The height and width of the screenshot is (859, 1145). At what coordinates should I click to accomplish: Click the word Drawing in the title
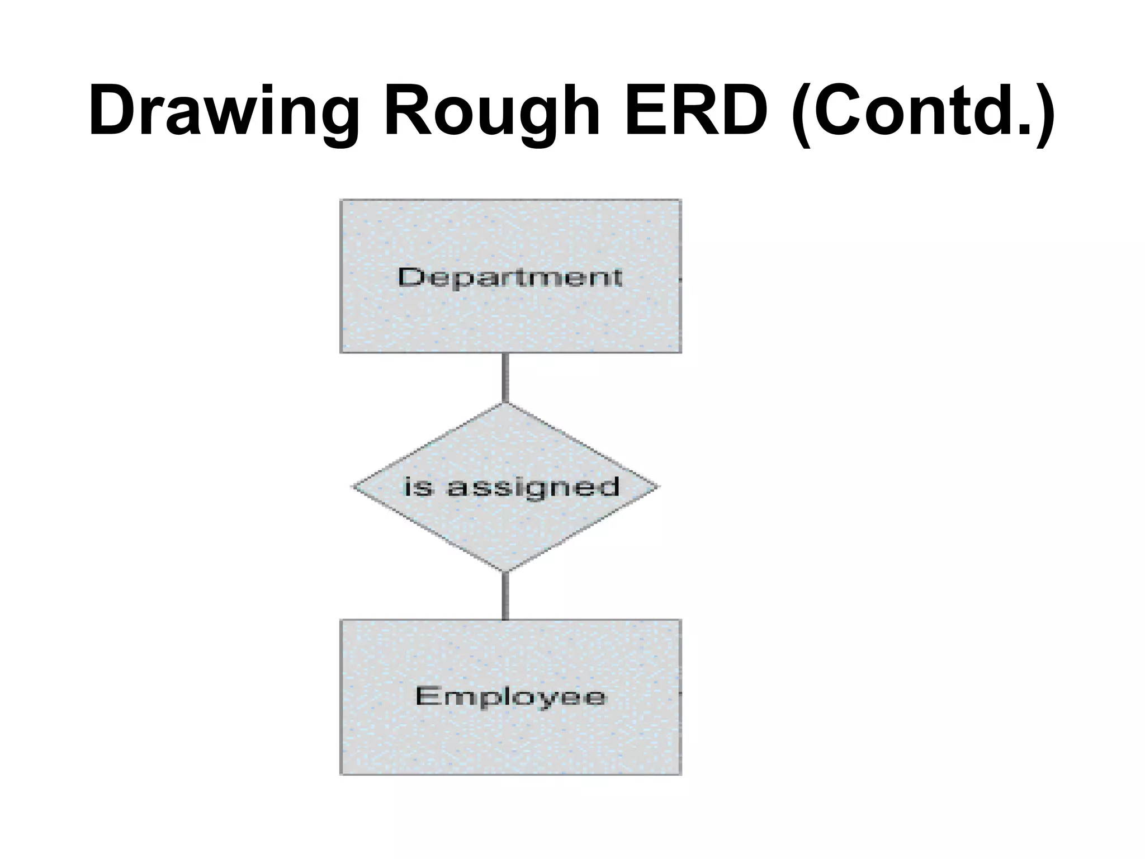click(224, 112)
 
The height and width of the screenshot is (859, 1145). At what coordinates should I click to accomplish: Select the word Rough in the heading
click(492, 112)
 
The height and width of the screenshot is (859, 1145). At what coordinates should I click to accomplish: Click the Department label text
click(510, 277)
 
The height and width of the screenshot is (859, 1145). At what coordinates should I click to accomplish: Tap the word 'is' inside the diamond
click(418, 487)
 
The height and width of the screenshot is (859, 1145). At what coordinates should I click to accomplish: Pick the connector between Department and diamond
click(505, 377)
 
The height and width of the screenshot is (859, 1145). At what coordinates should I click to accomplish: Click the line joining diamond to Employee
click(505, 596)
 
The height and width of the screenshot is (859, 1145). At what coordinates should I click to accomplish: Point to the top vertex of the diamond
click(505, 403)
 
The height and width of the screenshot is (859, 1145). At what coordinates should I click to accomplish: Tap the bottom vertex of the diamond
click(505, 572)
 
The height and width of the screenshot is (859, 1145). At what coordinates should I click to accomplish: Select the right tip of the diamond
click(658, 487)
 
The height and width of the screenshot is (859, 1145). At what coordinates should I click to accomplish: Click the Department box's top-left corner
click(341, 200)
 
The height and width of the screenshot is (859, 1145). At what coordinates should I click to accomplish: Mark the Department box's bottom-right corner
click(680, 352)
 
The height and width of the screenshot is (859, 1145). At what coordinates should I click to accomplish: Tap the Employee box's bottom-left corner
click(341, 774)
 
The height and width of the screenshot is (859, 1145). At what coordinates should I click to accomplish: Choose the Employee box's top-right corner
click(680, 620)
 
